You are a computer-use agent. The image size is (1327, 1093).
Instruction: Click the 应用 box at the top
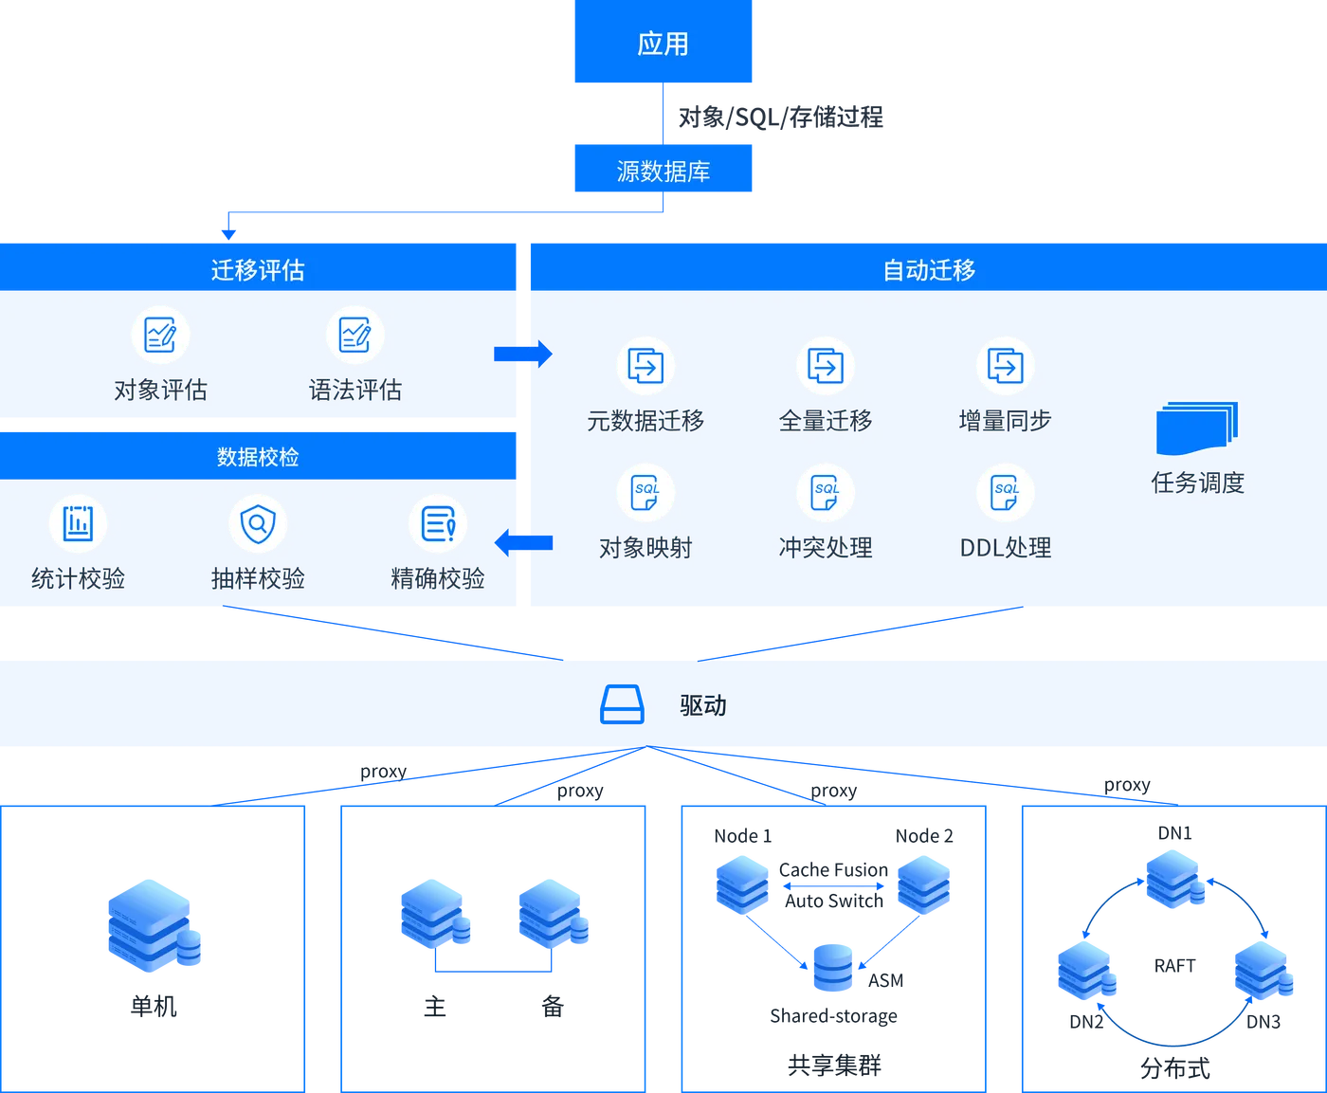(x=663, y=44)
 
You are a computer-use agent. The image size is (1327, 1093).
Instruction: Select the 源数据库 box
(x=663, y=171)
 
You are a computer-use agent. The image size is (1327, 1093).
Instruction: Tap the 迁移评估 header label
(x=258, y=270)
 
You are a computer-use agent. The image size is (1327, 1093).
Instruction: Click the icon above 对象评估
(x=160, y=335)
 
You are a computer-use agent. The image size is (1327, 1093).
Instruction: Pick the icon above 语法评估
(x=355, y=335)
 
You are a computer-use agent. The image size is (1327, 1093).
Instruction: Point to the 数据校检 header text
(x=258, y=457)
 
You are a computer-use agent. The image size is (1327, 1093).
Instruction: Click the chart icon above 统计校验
(x=78, y=523)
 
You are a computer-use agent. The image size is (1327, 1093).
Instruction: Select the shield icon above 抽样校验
(x=258, y=523)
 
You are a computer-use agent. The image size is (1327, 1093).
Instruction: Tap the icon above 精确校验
(x=438, y=523)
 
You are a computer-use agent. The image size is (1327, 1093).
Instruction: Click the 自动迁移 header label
(x=929, y=270)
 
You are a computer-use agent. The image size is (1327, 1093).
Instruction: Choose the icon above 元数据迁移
(x=645, y=366)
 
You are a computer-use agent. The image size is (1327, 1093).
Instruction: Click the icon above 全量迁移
(x=826, y=366)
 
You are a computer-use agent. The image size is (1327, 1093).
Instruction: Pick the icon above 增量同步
(x=1005, y=366)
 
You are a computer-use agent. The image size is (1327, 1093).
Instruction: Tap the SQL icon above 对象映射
(x=645, y=493)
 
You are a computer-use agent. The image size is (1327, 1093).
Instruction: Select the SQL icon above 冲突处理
(x=826, y=493)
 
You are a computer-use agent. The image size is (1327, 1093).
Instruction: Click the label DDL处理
(x=1005, y=548)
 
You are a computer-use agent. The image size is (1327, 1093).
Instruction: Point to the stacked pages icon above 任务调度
(x=1197, y=428)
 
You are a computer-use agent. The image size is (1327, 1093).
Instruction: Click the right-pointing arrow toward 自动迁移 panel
(x=523, y=354)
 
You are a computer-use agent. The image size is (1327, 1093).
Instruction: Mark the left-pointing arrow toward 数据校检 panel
(x=523, y=543)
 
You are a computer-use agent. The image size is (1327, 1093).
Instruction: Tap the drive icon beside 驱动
(x=622, y=705)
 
